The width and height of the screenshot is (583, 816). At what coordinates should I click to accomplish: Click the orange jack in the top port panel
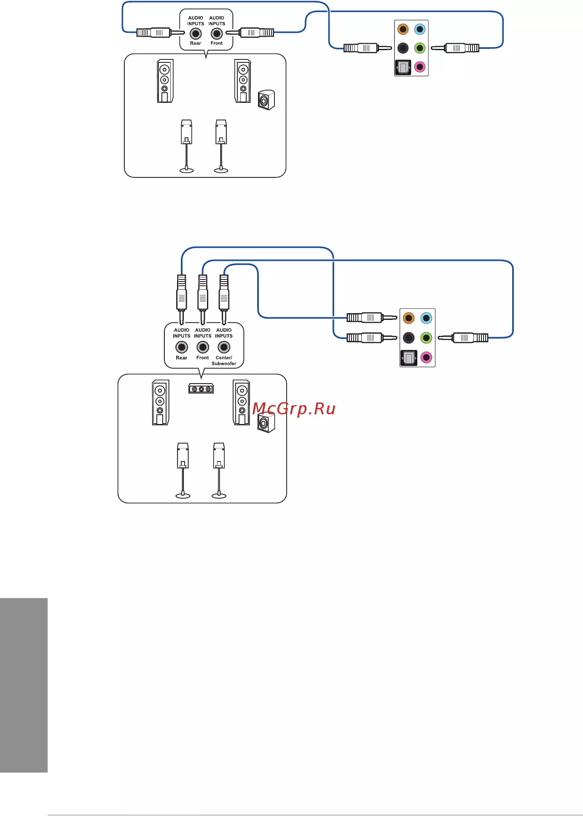coord(403,29)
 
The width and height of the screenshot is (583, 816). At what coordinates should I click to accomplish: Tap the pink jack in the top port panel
coord(420,67)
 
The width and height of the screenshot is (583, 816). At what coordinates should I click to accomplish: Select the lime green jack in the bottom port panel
coord(426,338)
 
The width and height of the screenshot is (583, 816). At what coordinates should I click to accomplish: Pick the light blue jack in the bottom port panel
coord(426,318)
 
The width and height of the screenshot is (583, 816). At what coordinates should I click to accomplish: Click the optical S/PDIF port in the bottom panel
coord(408,358)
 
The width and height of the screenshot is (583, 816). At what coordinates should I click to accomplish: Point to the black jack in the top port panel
coord(403,48)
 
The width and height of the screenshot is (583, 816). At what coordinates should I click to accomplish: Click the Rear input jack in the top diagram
coord(196,34)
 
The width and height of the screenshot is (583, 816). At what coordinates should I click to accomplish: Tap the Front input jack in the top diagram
coord(217,34)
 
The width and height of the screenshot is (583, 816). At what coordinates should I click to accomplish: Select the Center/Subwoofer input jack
coord(224,347)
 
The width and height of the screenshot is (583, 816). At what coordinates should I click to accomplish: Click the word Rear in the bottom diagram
coord(182,358)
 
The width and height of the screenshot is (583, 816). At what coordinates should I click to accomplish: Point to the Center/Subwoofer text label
coord(224,360)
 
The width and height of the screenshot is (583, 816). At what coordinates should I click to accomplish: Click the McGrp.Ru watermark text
coord(294,409)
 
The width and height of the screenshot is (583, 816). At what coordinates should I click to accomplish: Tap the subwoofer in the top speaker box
coord(266,100)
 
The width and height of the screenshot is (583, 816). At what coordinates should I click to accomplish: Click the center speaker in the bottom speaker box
coord(201,388)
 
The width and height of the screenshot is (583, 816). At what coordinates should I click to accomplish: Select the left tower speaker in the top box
coord(165,81)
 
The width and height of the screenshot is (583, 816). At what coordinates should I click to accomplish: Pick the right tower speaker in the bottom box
coord(242,403)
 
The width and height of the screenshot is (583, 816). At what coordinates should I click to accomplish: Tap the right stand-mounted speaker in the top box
coord(221,146)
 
